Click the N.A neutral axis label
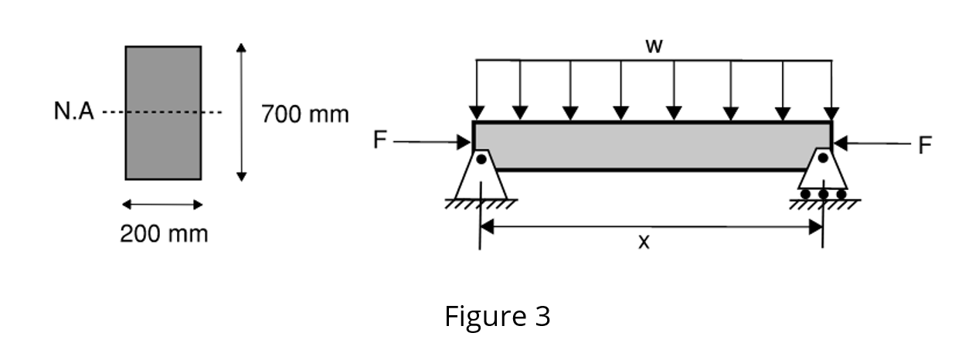pos(73,113)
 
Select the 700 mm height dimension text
pos(304,114)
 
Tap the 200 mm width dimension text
pos(164,233)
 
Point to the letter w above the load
pos(654,46)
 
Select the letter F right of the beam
pos(924,144)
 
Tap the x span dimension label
pos(644,242)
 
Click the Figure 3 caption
pos(497,316)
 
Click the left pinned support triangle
pos(481,175)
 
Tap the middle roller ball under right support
pos(823,193)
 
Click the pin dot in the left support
pos(481,159)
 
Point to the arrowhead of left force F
pos(465,142)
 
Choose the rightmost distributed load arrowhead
pos(831,113)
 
